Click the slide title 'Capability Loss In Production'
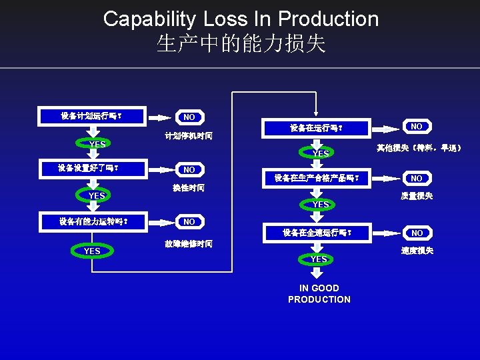(x=241, y=19)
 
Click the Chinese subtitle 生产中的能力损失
(x=241, y=44)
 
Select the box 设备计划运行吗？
(x=91, y=116)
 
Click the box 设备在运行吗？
(x=316, y=127)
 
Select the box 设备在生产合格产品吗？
(x=317, y=178)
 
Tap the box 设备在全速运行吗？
(x=317, y=233)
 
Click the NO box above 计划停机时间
(x=189, y=117)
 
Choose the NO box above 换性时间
(x=189, y=170)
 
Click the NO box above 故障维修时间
(x=189, y=221)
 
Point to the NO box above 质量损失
(x=417, y=179)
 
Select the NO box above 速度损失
(x=417, y=233)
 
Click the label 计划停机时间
(x=189, y=136)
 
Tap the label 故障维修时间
(x=189, y=244)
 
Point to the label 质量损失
(x=417, y=196)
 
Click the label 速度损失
(x=417, y=251)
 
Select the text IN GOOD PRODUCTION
(x=319, y=293)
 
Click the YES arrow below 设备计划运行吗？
(x=97, y=144)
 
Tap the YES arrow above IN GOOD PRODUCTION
(x=319, y=259)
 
